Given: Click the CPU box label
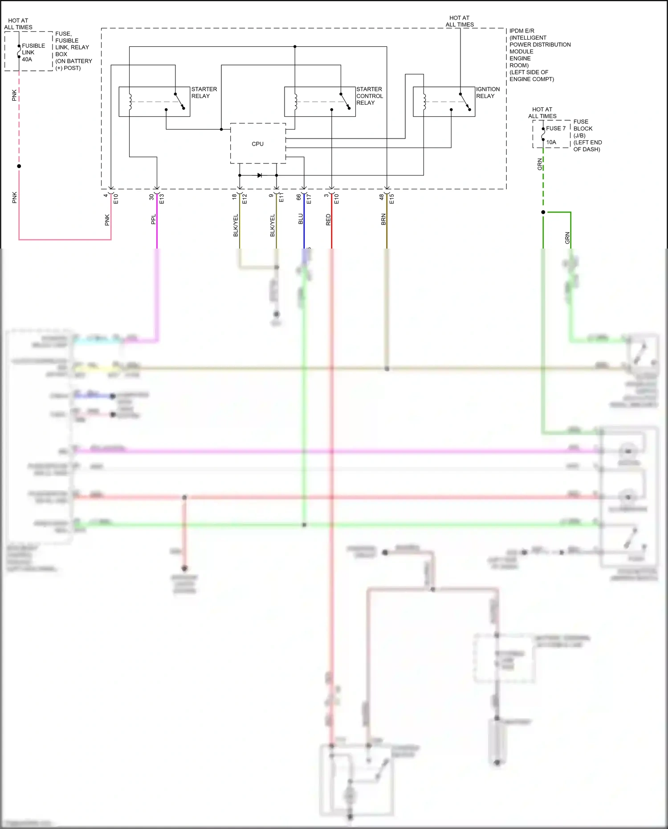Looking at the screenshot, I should point(257,144).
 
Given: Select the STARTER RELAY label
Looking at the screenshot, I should point(204,93).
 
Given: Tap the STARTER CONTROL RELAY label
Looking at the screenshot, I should point(369,96).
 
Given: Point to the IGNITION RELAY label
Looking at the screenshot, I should point(488,93).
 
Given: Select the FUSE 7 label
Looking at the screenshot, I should point(556,128).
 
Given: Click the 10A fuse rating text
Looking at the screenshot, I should point(551,142).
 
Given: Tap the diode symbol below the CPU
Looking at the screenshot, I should point(259,176).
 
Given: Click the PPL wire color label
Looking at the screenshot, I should point(154,219).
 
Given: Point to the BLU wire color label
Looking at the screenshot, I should point(301,219).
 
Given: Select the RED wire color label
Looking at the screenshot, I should point(329,220).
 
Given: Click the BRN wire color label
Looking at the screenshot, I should point(383,219).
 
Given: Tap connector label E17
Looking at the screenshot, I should point(309,199).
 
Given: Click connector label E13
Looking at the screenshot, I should point(162,199).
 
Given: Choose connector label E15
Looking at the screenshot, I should point(391,199).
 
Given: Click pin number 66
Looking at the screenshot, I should point(299,197).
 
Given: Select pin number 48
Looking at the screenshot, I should point(382,197).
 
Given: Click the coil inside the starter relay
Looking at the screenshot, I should point(130,102).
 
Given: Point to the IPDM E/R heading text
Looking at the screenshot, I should point(522,31).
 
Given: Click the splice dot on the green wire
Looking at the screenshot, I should point(543,212).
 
